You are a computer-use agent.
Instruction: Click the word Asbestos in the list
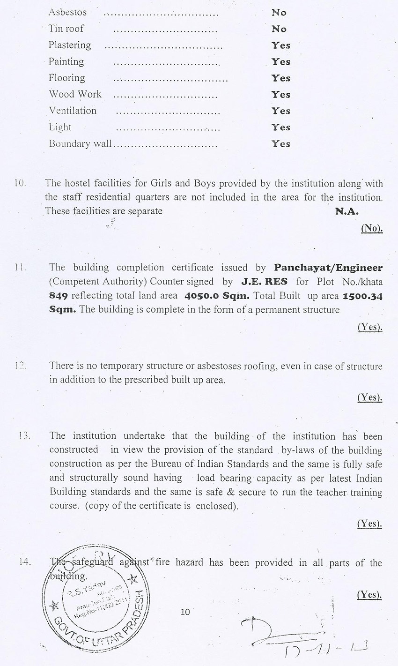[x=67, y=12]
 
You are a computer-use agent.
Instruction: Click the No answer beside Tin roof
[x=279, y=29]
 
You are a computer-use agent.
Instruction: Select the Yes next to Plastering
[x=281, y=45]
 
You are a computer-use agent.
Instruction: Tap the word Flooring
[x=67, y=78]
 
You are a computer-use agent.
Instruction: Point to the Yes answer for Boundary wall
[x=281, y=144]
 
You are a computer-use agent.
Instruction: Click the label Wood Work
[x=75, y=94]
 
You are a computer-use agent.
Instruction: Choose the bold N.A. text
[x=346, y=211]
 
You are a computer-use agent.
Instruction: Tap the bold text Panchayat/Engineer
[x=328, y=268]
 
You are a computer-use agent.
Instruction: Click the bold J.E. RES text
[x=264, y=282]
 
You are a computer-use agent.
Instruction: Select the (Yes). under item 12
[x=370, y=397]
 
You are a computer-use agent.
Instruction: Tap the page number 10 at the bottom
[x=185, y=612]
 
